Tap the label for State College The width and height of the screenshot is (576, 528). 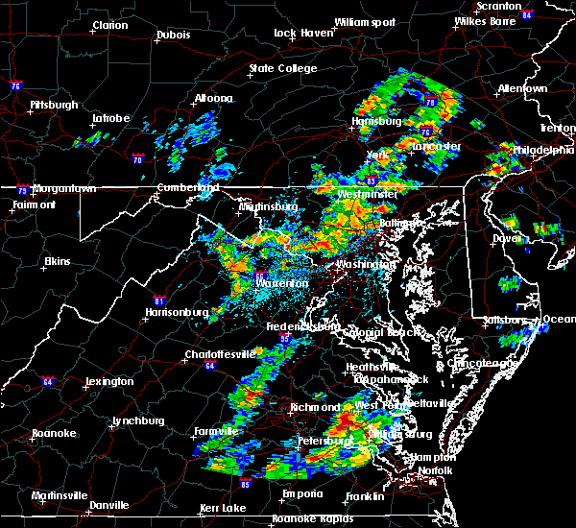pos(283,68)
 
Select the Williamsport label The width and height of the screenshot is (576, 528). pos(365,21)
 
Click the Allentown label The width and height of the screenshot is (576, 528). pos(522,88)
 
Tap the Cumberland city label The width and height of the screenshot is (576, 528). pos(182,187)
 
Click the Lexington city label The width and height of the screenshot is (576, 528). pos(108,381)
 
